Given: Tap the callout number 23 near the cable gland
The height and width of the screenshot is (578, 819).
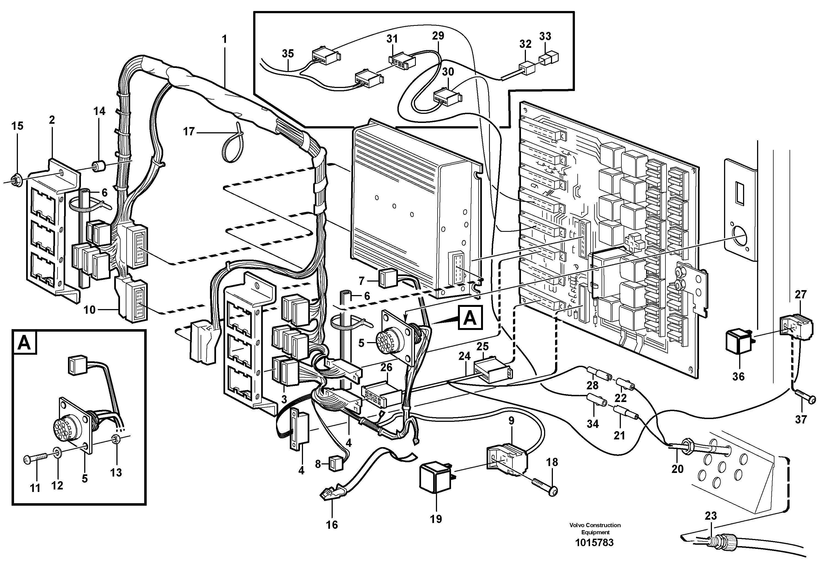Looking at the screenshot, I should pos(710,516).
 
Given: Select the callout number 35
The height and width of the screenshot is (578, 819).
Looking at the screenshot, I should pos(288,53).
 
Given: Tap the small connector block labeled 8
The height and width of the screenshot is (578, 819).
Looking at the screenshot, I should pos(335,464).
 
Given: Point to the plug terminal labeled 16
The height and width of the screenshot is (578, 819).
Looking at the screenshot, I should pos(330,494).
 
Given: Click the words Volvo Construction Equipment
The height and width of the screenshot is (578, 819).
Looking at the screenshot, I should pos(595,529).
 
